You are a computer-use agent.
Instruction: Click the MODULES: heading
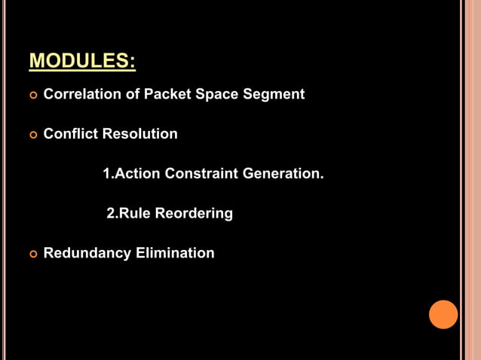82,60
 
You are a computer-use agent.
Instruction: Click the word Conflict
70,134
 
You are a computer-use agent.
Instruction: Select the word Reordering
194,214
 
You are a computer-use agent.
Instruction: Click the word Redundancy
87,253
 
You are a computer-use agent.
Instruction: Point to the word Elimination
175,253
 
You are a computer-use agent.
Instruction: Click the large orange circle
443,314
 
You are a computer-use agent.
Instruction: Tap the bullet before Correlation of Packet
32,96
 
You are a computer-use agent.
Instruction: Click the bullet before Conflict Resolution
32,136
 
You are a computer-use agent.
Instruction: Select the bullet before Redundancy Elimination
32,255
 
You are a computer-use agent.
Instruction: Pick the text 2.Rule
129,214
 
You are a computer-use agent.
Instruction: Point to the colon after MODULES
132,62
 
